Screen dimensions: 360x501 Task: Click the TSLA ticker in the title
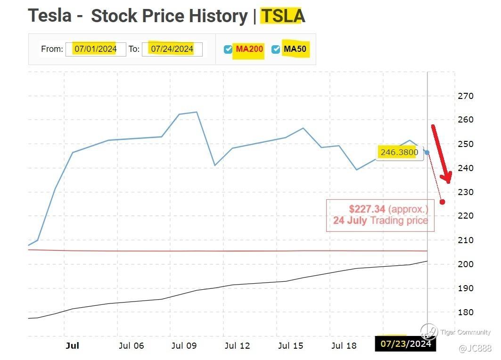tap(283, 16)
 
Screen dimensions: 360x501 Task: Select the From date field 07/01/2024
tap(95, 49)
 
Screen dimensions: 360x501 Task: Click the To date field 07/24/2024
tap(172, 49)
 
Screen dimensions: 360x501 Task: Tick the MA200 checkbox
tap(228, 49)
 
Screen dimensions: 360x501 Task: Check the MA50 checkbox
tap(276, 49)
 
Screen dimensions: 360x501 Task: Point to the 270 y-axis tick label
tap(465, 96)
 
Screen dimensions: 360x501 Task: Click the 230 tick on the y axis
tap(465, 192)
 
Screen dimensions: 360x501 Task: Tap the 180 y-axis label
tap(465, 312)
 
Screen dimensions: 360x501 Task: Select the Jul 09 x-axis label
tap(184, 346)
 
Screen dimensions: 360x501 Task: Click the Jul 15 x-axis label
tap(291, 346)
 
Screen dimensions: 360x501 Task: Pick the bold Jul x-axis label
tap(72, 346)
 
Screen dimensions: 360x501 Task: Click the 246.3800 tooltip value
tap(399, 152)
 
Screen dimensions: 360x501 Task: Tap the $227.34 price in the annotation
tap(367, 209)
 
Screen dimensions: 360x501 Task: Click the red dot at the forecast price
tap(443, 202)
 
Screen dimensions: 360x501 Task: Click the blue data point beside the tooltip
tap(427, 153)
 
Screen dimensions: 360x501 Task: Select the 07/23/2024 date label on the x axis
tap(405, 344)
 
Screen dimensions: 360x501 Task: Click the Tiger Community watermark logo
tap(429, 331)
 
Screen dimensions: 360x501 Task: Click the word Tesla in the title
tap(50, 16)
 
